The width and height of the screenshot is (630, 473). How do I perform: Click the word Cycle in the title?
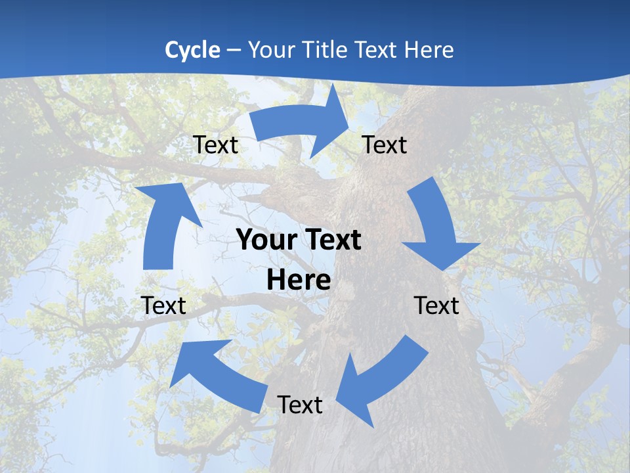192,50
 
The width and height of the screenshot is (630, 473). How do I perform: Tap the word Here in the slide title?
429,50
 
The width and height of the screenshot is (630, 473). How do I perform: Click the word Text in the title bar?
379,50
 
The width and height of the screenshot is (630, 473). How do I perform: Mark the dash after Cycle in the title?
234,50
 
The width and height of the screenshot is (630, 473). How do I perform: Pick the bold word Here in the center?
299,281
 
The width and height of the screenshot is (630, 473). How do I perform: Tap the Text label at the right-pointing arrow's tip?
385,145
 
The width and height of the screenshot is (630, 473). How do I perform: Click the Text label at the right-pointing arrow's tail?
215,145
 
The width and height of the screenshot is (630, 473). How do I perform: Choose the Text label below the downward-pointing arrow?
436,305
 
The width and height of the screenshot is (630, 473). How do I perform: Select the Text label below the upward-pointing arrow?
163,305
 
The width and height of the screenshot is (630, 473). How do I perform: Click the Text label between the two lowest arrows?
300,405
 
